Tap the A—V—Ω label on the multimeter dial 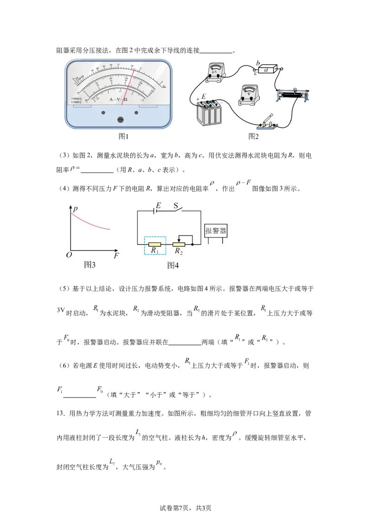tap(119, 100)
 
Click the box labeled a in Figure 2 tap(267, 69)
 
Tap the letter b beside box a tap(258, 62)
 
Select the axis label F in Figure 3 tap(116, 256)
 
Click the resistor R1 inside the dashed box tap(155, 244)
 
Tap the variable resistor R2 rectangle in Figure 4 tap(179, 244)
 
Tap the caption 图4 tap(173, 266)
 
